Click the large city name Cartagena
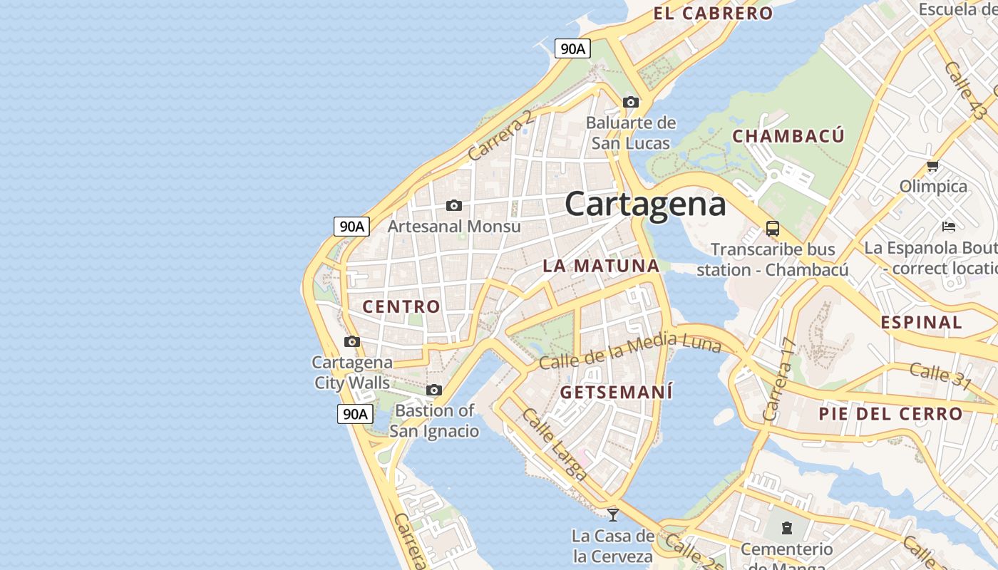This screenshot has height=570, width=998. click(645, 204)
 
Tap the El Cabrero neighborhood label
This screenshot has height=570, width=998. click(713, 14)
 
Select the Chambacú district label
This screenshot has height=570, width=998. click(788, 136)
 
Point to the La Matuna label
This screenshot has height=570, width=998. click(601, 266)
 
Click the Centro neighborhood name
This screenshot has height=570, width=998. click(401, 306)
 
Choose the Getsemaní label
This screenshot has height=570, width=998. click(617, 392)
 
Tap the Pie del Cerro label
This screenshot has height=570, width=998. click(890, 413)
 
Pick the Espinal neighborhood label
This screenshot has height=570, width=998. click(921, 322)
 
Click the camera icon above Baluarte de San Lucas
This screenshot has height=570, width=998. click(631, 103)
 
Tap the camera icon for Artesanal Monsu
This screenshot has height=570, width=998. click(454, 206)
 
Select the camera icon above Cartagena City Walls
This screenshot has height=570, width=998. click(352, 341)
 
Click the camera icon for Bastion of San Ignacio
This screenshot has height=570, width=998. click(434, 390)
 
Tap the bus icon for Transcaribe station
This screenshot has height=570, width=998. click(773, 229)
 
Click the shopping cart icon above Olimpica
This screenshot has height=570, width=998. click(932, 166)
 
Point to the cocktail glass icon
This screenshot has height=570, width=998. click(612, 514)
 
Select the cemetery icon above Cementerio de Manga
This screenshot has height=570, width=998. click(786, 528)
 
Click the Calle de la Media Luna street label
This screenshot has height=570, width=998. click(629, 351)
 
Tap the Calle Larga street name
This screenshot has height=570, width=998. click(555, 443)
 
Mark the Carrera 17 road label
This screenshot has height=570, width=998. click(778, 379)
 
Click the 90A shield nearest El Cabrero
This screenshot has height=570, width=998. click(572, 48)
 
